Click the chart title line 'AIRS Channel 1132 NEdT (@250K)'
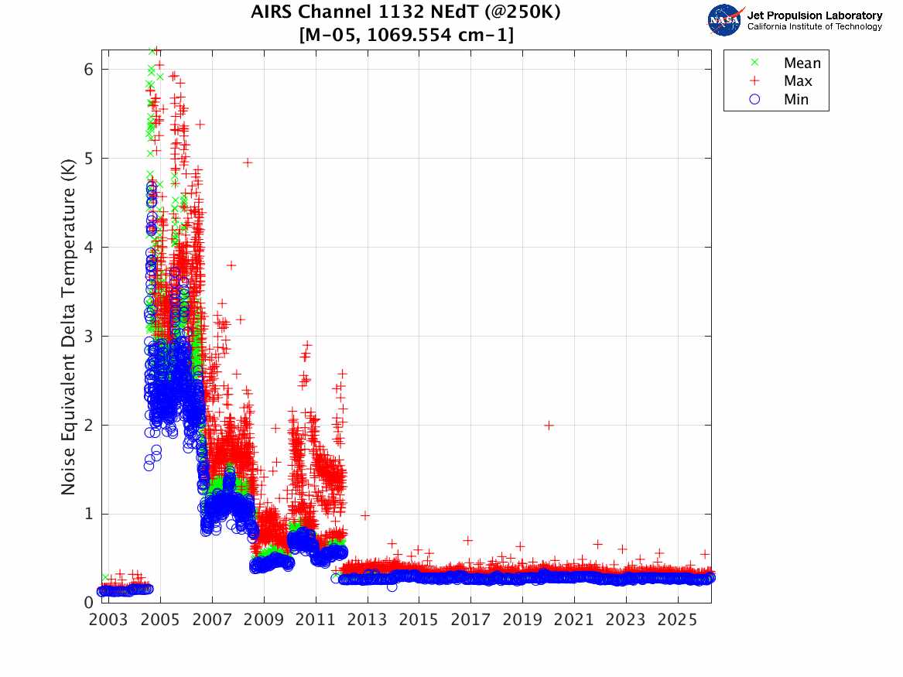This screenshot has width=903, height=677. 405,12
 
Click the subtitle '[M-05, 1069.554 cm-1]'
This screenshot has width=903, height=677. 405,35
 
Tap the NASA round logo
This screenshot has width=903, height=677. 725,19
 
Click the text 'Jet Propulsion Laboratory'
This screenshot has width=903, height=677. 814,15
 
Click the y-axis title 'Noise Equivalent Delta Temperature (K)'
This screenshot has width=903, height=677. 68,324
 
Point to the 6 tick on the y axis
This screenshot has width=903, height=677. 88,69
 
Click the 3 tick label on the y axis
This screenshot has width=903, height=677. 88,336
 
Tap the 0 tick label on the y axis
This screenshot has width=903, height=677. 88,603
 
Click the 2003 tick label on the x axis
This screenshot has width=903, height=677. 108,621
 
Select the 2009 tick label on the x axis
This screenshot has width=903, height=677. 264,621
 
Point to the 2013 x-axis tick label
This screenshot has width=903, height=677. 368,621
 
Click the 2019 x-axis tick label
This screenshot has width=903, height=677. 522,621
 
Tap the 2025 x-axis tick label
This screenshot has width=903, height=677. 678,621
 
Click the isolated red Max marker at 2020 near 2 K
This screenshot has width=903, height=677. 549,425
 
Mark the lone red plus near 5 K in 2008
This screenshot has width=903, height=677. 248,162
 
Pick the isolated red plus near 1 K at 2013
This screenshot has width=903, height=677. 364,515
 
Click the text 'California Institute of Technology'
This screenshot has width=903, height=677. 814,26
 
